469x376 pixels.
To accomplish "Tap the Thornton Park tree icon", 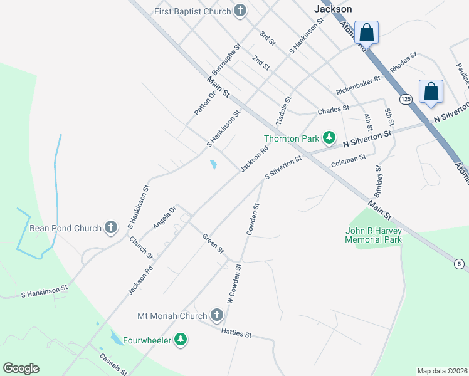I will click(329, 138).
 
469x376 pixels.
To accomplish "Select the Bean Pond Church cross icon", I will click(111, 227).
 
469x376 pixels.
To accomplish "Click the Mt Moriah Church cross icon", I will click(217, 315).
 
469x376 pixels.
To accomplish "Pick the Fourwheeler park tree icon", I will click(181, 340).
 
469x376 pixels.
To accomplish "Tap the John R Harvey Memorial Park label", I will click(373, 235).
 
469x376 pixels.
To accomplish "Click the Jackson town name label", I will click(332, 9).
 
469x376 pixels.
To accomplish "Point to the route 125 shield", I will click(405, 99).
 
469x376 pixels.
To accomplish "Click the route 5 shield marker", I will click(460, 264).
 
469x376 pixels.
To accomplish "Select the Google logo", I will click(21, 368).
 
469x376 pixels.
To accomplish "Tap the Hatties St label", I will click(236, 334).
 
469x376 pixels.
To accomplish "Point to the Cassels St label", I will click(113, 364).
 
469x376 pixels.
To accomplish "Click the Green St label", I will click(213, 243).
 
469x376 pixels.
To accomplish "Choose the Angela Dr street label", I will click(166, 217).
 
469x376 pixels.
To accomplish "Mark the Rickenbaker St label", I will click(358, 86).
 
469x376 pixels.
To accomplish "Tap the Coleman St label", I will click(348, 162).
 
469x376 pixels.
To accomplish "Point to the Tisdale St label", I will click(284, 110).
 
